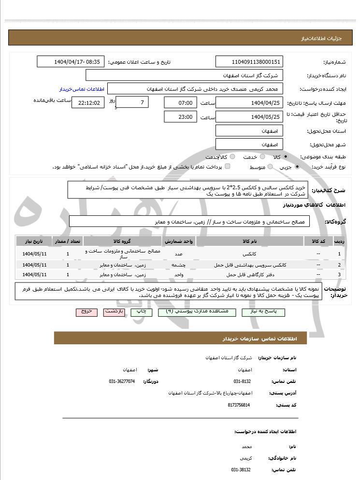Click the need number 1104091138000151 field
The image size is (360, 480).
tap(249, 62)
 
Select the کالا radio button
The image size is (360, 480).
tap(286, 157)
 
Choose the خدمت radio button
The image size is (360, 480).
tap(262, 157)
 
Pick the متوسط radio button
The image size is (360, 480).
tap(270, 167)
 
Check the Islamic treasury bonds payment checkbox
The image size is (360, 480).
tap(228, 167)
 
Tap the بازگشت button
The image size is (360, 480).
tap(116, 312)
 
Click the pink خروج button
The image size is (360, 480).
tap(86, 312)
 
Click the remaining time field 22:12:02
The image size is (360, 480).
tap(87, 102)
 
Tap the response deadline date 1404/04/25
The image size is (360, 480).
tap(249, 102)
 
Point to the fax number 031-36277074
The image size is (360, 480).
tap(122, 381)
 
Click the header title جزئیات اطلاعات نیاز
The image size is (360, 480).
tap(315, 38)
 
